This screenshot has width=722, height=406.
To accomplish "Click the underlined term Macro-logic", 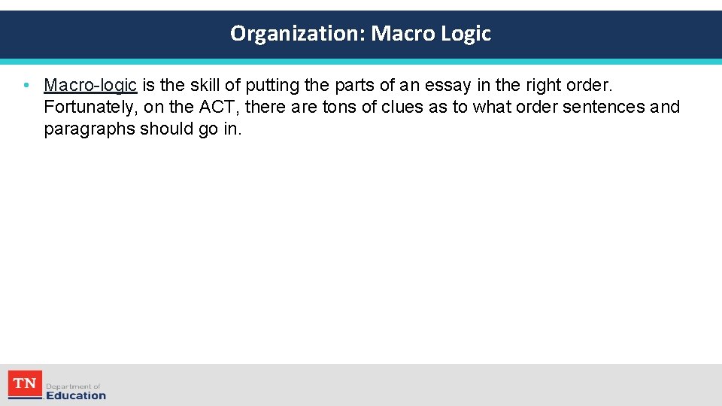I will pos(90,85).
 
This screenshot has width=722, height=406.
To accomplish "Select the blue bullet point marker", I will pos(26,85).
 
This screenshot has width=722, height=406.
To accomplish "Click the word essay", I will pos(450,85).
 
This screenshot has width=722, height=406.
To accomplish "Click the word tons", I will pos(339,107).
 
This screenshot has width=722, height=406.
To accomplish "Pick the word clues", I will pos(402,107).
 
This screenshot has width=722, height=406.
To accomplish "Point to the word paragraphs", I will pos(89,129).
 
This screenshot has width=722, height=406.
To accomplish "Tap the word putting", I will pos(270,85).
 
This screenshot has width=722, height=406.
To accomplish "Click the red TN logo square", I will pos(25,384).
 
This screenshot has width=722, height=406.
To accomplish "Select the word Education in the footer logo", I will pos(76,395).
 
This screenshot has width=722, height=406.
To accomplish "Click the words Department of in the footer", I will pos(73,386).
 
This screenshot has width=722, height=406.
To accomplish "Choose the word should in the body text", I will pos(165,129).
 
